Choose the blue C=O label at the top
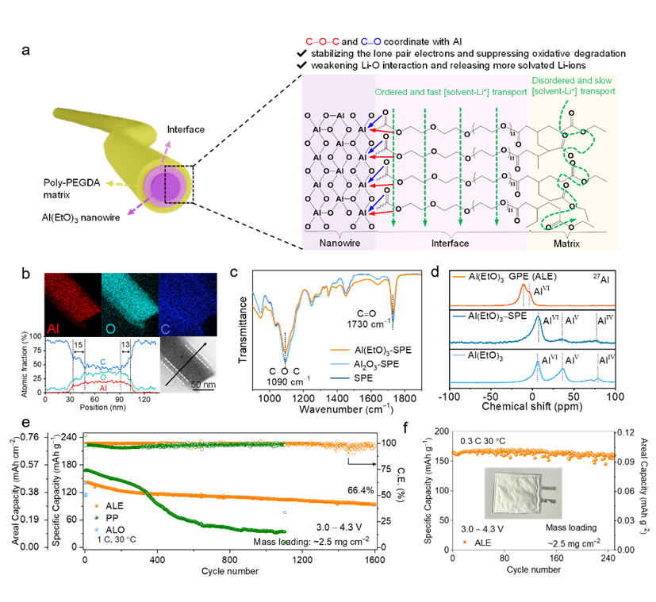tap(371, 41)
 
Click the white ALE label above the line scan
tap(66, 342)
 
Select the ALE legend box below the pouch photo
tap(472, 543)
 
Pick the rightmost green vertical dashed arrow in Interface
tap(497, 174)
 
